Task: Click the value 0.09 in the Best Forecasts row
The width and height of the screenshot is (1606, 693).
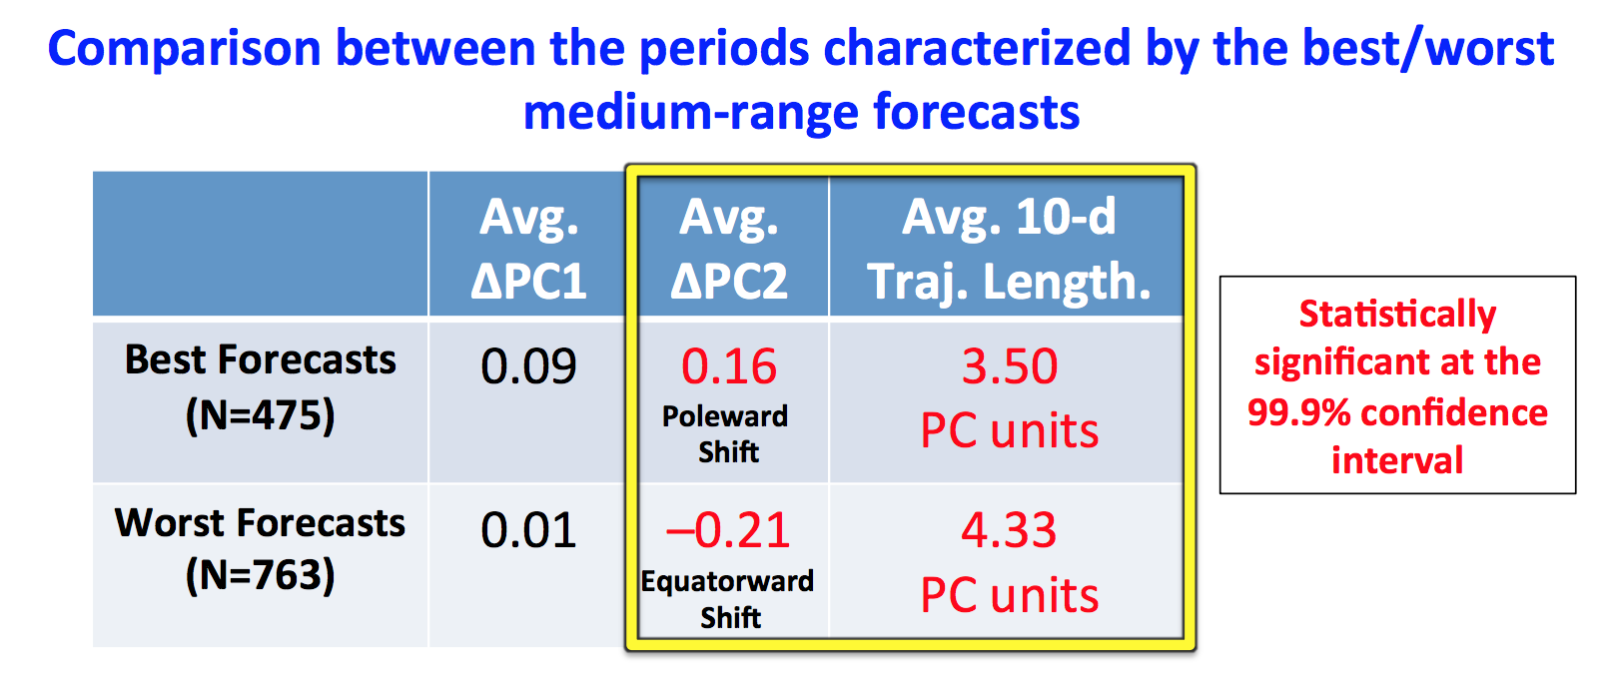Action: click(528, 366)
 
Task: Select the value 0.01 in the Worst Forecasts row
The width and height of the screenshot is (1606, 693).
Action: click(528, 530)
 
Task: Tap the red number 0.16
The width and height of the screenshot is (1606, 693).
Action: click(728, 366)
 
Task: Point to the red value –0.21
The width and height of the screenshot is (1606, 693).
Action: click(728, 530)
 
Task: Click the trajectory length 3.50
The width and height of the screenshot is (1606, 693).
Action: click(1010, 366)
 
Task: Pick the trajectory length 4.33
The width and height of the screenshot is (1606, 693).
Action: click(1009, 530)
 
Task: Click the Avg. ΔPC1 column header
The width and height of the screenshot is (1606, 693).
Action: click(528, 249)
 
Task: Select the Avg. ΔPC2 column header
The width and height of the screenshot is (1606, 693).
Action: click(728, 249)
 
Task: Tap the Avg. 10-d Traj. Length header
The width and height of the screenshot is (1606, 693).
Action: click(1009, 249)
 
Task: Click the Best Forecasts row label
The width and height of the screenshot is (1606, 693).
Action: click(261, 359)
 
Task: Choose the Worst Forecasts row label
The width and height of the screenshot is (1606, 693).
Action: click(261, 522)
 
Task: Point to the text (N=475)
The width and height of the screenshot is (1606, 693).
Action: click(261, 415)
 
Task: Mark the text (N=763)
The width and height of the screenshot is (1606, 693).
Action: click(261, 575)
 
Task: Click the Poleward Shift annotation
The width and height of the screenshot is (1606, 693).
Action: click(725, 434)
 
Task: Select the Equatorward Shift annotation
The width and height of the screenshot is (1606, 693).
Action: click(728, 599)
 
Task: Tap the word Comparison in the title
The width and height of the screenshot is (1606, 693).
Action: click(185, 50)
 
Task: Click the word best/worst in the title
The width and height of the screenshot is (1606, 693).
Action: click(1428, 49)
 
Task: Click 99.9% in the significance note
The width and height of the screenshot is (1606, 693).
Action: click(1299, 412)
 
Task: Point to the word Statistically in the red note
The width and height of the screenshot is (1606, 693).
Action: click(1397, 314)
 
